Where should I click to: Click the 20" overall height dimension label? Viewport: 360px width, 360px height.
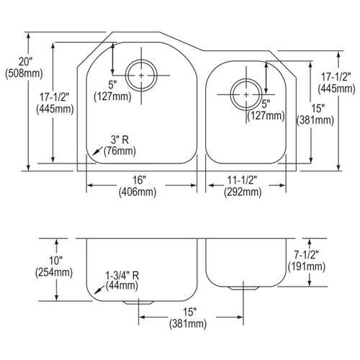click(14, 63)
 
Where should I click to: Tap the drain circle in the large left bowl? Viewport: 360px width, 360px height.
click(142, 74)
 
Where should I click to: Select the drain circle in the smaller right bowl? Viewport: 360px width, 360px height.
click(246, 94)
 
